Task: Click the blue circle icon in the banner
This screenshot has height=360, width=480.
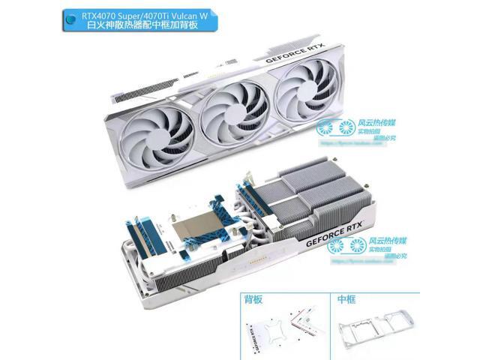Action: (71, 22)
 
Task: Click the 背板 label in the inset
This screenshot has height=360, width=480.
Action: (254, 300)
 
